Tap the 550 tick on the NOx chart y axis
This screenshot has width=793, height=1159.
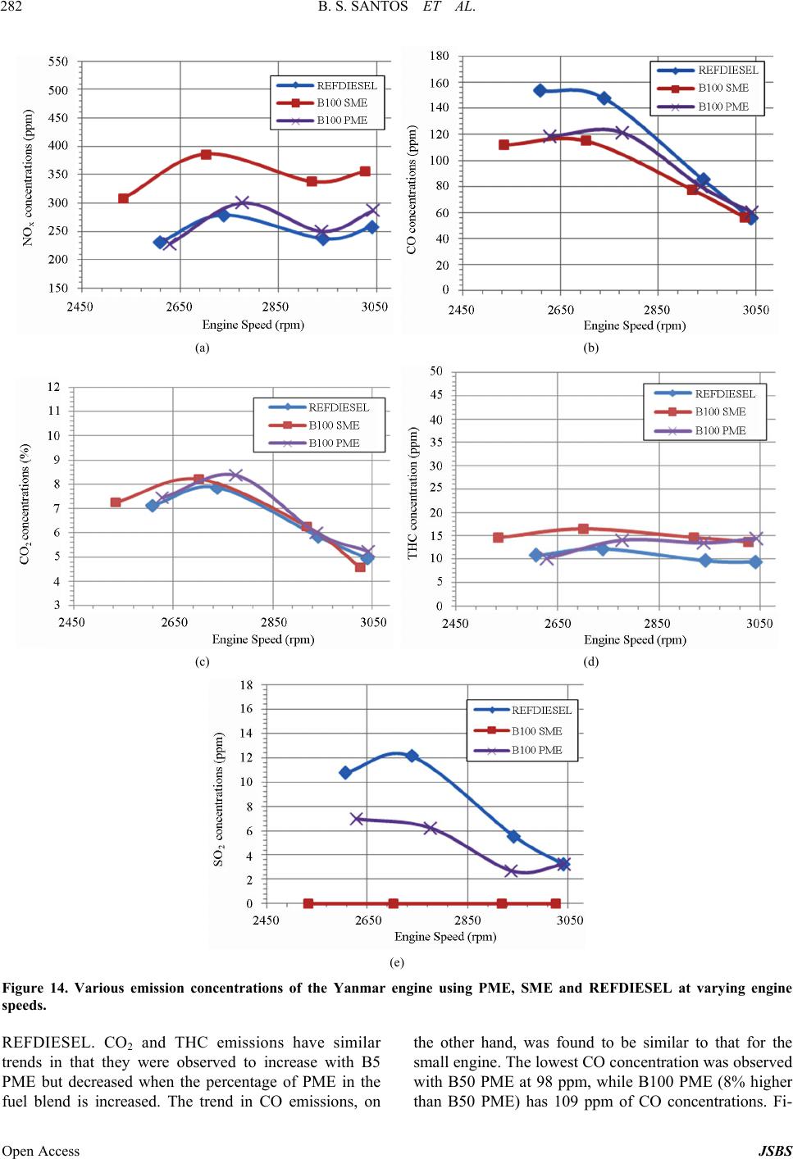click(58, 61)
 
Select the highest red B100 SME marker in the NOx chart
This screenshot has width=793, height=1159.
click(206, 154)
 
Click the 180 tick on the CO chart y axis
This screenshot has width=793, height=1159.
click(439, 56)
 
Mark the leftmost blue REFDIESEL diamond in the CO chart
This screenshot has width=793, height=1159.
click(540, 91)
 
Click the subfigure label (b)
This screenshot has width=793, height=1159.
click(590, 348)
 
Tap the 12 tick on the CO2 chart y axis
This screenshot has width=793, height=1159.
click(53, 387)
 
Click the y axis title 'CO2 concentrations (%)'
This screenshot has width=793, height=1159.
click(25, 504)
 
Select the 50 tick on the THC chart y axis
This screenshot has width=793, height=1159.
click(435, 372)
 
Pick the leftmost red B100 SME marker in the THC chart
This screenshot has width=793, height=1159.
click(498, 538)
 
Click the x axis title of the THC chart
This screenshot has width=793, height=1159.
click(635, 639)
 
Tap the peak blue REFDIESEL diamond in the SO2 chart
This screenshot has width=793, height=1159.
click(412, 756)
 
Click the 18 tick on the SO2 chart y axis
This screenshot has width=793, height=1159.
click(246, 685)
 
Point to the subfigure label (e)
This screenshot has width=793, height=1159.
click(397, 961)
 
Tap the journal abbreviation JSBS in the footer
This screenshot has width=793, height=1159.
click(775, 1151)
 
